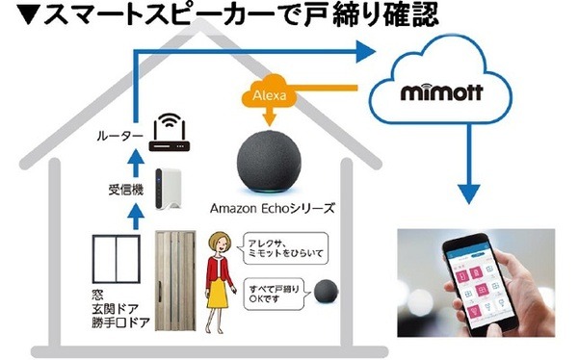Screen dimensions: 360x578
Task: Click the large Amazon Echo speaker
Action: [276, 158]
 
